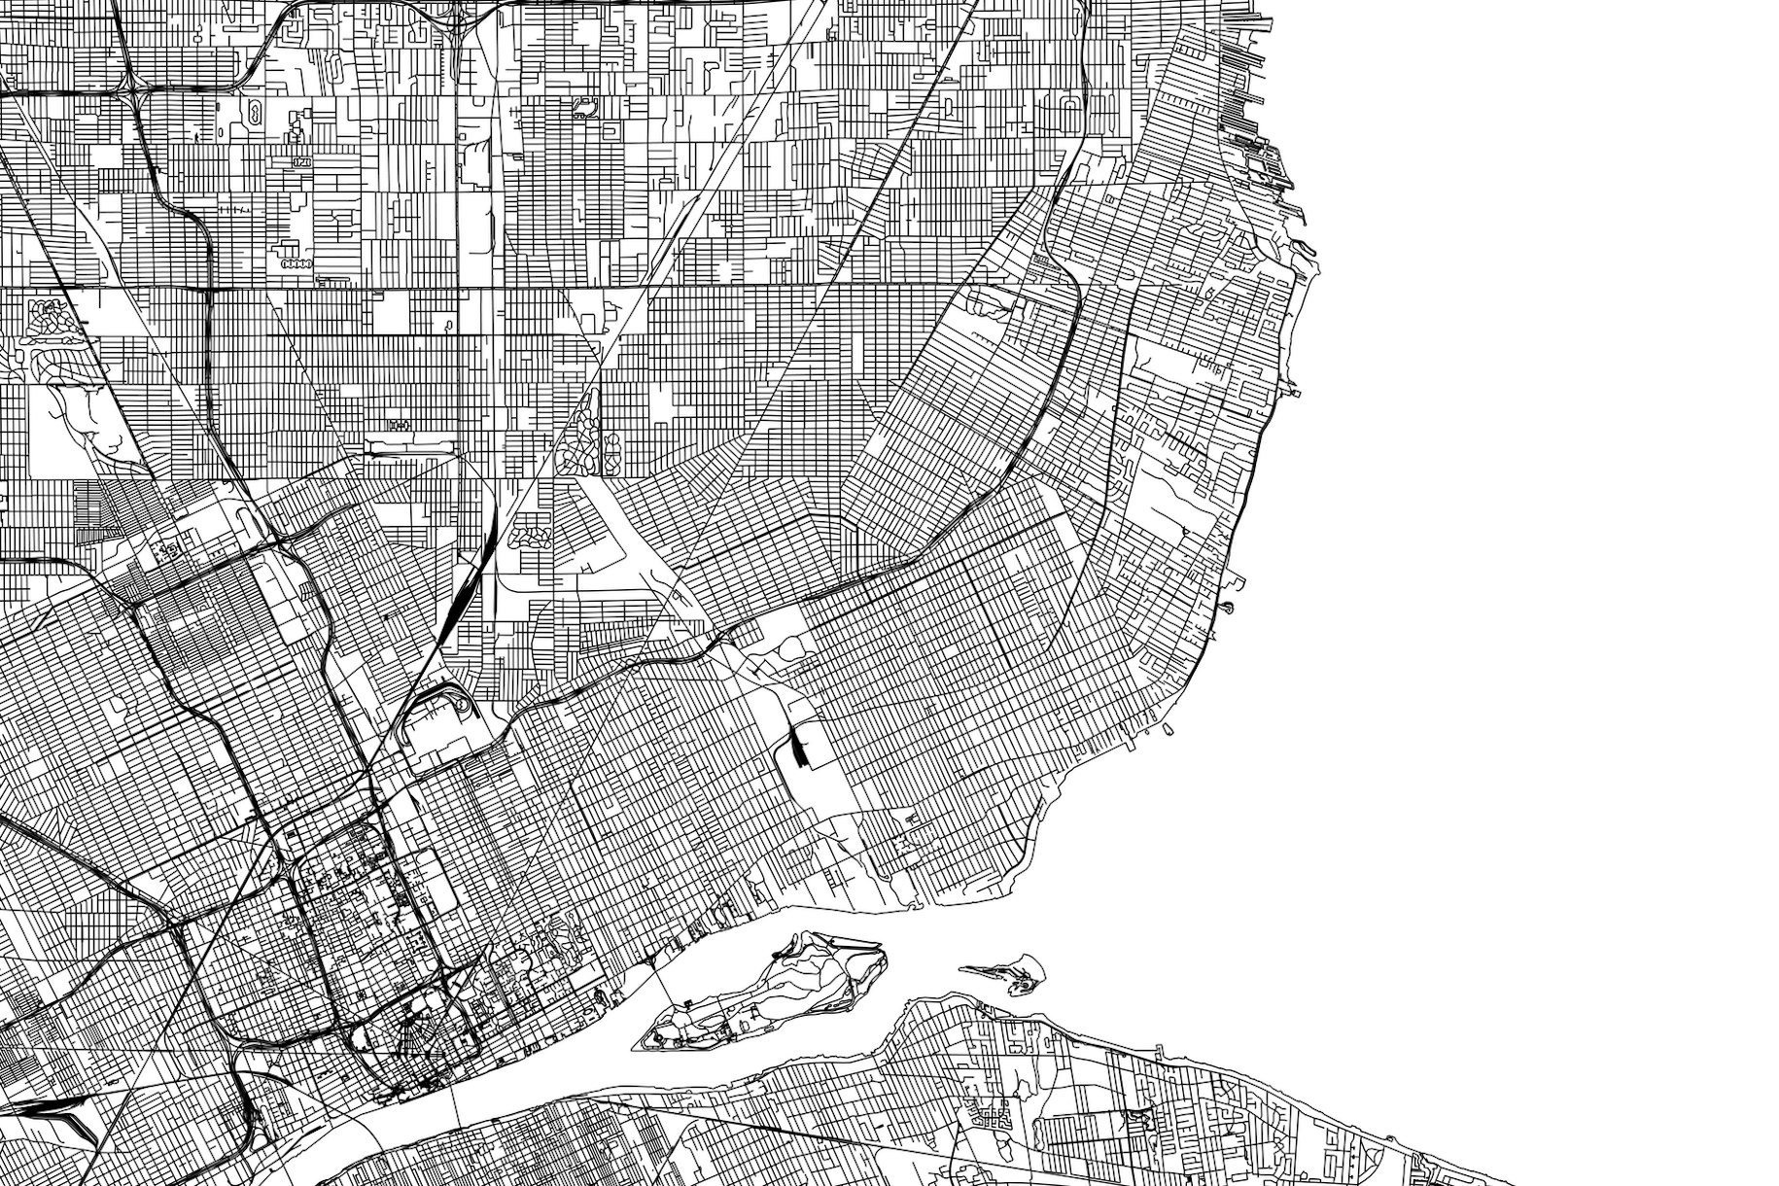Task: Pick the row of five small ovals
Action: [294, 263]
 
